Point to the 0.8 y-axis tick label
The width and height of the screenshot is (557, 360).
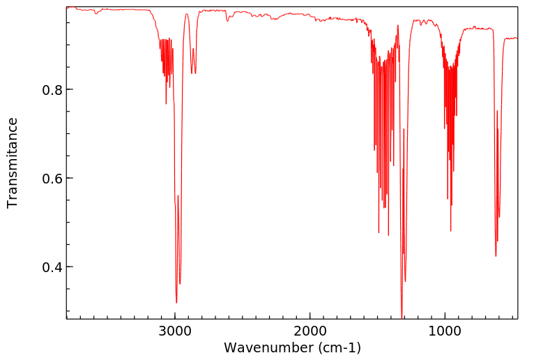(50, 90)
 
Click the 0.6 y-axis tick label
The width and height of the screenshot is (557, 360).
(50, 179)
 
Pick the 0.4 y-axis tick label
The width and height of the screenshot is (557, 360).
(50, 267)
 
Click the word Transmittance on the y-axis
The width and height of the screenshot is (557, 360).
(13, 163)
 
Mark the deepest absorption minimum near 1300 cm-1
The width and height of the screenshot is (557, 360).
(402, 315)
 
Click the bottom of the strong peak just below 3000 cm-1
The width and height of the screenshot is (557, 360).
(176, 301)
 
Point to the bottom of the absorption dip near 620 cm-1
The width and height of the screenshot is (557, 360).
(496, 255)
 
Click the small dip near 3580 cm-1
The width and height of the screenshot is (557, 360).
(96, 13)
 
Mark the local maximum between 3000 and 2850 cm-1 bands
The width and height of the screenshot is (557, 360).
(187, 14)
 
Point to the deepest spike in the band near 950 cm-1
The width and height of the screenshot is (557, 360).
(450, 231)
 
